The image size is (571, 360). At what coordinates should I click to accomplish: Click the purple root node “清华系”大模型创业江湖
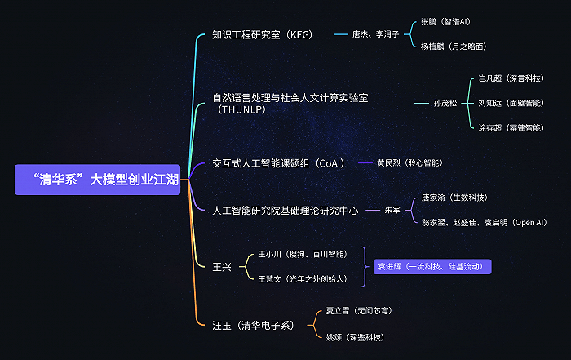pos(97,180)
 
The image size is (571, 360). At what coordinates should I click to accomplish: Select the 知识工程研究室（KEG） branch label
pos(262,34)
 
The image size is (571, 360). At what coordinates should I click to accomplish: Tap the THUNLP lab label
pos(290,104)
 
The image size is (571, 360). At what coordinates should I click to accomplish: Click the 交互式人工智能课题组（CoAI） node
pos(278,163)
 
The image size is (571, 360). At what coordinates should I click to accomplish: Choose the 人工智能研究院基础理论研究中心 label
pos(285,211)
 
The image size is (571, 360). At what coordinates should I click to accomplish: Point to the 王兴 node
pos(222,267)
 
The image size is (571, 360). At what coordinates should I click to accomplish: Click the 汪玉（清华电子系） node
pos(253,325)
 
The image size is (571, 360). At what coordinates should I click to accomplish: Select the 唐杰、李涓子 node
pos(375,34)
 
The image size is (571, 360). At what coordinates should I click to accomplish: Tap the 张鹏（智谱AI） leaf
pos(445,22)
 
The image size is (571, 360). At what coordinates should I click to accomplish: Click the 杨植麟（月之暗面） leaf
pos(454,47)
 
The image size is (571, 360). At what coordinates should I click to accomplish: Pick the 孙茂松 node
pos(445,103)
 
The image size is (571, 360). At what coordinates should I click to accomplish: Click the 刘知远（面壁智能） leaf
pos(511,103)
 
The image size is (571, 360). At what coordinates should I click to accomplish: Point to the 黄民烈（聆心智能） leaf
pos(409,163)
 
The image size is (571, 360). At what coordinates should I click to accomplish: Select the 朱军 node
pos(392,210)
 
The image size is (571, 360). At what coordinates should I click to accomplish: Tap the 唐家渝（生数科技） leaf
pos(454,198)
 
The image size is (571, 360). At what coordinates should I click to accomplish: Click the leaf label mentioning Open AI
pos(485,222)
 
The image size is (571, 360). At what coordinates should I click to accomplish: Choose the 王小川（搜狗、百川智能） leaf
pos(303,254)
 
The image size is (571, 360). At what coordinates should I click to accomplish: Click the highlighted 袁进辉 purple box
pos(432,267)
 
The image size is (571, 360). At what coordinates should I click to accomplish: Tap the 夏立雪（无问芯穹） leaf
pos(359,310)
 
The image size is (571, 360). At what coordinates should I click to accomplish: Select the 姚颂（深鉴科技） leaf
pos(355,337)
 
